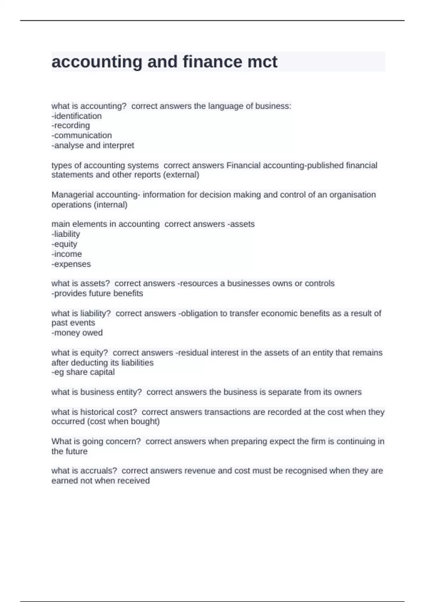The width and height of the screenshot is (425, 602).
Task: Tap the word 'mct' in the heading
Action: pyautogui.click(x=262, y=62)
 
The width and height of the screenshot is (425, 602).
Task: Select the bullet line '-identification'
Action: pyautogui.click(x=76, y=116)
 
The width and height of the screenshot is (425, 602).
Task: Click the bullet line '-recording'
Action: pyautogui.click(x=70, y=125)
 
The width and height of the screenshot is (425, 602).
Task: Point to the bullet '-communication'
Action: pyautogui.click(x=81, y=135)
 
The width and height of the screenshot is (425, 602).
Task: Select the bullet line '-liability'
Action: pyautogui.click(x=66, y=234)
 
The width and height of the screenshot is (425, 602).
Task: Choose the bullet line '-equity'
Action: pyautogui.click(x=64, y=244)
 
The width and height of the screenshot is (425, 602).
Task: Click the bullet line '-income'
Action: pyautogui.click(x=67, y=254)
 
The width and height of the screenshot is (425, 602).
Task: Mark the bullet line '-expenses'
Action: pyautogui.click(x=71, y=264)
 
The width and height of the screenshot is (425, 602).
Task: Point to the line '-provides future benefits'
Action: pyautogui.click(x=97, y=293)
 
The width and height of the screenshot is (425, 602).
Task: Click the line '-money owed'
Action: pyautogui.click(x=77, y=333)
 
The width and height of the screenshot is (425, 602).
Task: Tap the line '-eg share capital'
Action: pyautogui.click(x=83, y=372)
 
